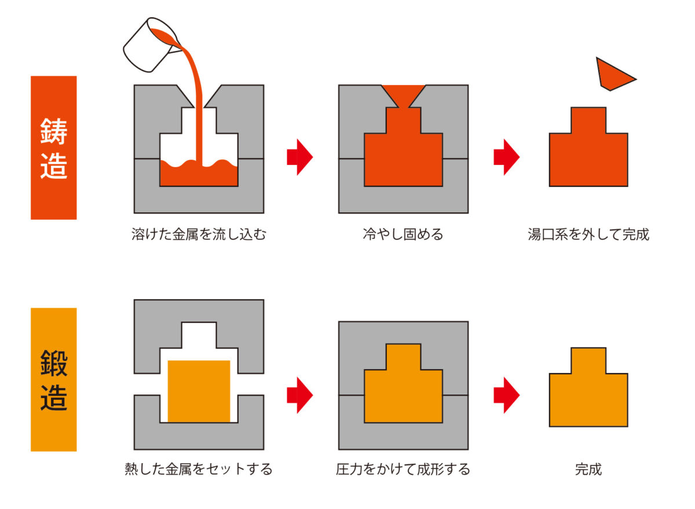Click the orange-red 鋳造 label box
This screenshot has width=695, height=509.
(53, 147)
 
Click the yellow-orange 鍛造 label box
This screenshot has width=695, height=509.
(53, 379)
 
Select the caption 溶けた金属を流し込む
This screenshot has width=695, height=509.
(199, 235)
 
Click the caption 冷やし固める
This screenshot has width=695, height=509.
(403, 235)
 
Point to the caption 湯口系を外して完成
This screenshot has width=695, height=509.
(588, 235)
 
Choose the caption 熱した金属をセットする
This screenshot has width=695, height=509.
(199, 469)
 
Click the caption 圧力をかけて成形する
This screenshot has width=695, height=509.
(403, 469)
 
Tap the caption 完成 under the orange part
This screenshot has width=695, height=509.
(588, 469)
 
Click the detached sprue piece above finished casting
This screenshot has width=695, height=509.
(613, 74)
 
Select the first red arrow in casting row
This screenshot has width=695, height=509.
(299, 157)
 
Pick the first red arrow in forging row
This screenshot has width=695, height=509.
(299, 395)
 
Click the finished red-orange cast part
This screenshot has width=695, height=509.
(588, 156)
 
